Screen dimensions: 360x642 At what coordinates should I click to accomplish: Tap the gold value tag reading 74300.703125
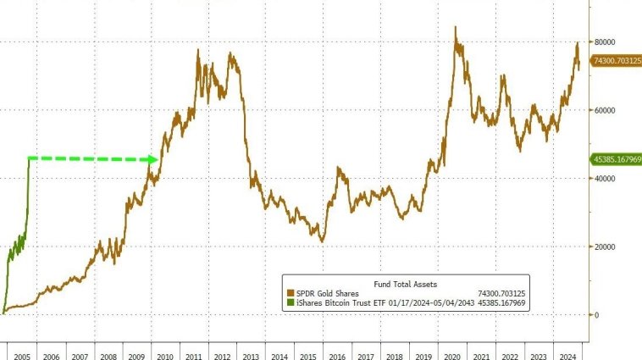tap(616, 61)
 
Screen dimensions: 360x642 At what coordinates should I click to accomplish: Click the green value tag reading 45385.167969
tap(616, 159)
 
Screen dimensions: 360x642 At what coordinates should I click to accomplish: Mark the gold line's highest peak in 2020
tap(456, 27)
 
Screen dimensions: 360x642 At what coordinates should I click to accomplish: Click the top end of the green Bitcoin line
tap(29, 158)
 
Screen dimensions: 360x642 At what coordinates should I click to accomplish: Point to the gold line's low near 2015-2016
tap(322, 241)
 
